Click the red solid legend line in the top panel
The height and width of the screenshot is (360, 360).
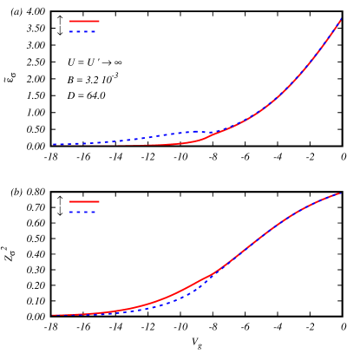tap(84, 21)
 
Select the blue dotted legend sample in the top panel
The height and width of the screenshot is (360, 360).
tap(82, 31)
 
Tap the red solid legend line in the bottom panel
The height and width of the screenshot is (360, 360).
tap(84, 201)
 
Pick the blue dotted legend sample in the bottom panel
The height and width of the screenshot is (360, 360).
tap(82, 212)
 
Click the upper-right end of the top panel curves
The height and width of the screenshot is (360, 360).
tap(340, 20)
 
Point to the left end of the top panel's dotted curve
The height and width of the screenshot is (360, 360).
tap(53, 144)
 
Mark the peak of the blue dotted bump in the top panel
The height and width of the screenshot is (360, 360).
tap(193, 132)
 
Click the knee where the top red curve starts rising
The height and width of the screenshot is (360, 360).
tap(201, 139)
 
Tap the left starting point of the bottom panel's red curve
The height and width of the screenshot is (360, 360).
tap(53, 314)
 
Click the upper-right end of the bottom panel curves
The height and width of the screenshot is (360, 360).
tap(339, 193)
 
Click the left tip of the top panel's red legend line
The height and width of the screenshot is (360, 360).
tap(70, 21)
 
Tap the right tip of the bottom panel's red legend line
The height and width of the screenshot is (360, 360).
tap(99, 201)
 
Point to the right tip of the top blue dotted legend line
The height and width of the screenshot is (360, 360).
tap(95, 31)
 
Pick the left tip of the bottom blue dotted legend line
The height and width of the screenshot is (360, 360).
tap(70, 212)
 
